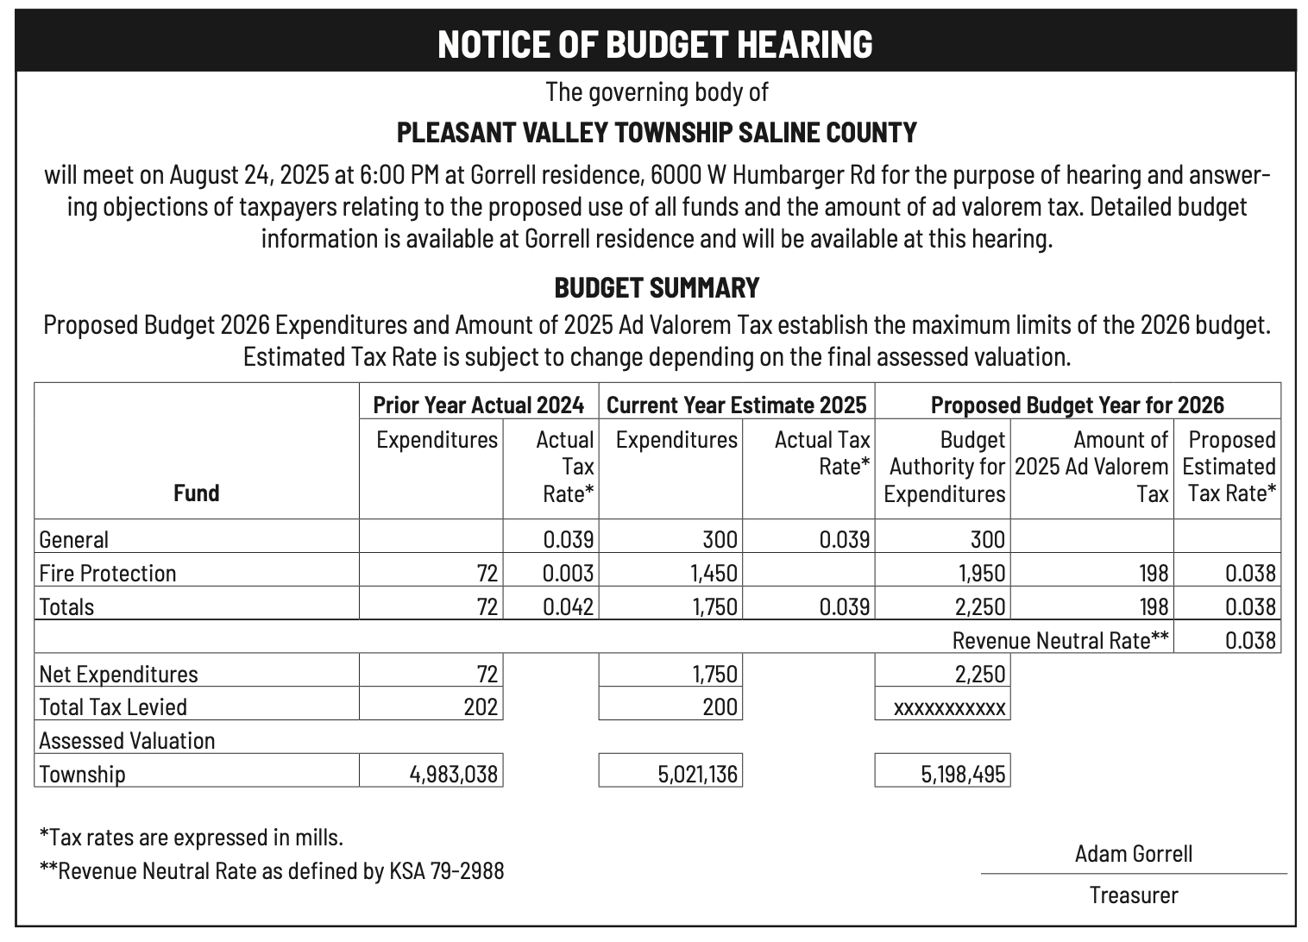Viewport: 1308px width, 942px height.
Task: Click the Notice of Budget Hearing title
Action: click(654, 44)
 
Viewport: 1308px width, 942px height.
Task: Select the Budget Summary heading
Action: click(656, 287)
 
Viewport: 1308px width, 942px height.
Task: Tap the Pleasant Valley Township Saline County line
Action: click(656, 133)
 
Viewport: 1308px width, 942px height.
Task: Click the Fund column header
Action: click(196, 493)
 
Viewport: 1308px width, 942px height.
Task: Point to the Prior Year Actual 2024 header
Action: click(478, 405)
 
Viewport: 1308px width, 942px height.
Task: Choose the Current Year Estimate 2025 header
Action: click(736, 405)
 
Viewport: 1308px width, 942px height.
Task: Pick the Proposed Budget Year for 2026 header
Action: click(1077, 405)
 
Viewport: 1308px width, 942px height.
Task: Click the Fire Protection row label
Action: click(108, 574)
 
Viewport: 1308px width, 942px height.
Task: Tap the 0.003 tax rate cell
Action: click(568, 574)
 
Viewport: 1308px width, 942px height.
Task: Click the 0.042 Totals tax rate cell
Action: click(568, 607)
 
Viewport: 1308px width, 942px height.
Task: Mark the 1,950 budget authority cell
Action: click(981, 574)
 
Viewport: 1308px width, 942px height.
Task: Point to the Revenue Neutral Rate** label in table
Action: click(1060, 641)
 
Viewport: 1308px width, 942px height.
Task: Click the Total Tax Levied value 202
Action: click(481, 707)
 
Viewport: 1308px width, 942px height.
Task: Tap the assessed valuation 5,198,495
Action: click(962, 775)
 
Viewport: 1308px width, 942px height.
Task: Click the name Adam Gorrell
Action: click(1133, 854)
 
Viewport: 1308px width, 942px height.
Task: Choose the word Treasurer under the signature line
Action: click(1133, 895)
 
